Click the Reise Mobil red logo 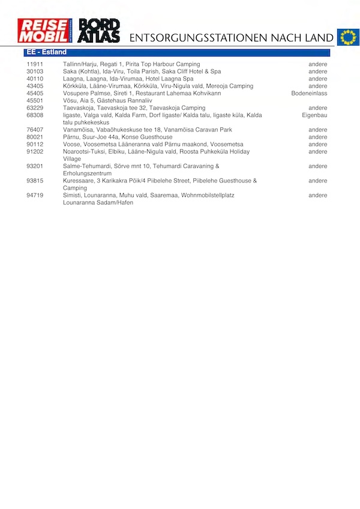click(44, 30)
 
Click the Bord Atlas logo click(100, 30)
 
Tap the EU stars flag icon click(347, 37)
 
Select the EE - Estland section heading click(47, 52)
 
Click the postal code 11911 click(35, 64)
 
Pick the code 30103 click(35, 71)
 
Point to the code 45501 click(35, 101)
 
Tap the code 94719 click(35, 196)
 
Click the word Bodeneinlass click(309, 94)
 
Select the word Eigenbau click(314, 115)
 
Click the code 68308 click(35, 115)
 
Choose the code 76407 click(35, 130)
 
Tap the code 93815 click(35, 181)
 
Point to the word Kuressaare click(77, 181)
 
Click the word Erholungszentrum click(88, 173)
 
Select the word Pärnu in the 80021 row click(71, 137)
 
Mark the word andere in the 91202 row click(318, 152)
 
